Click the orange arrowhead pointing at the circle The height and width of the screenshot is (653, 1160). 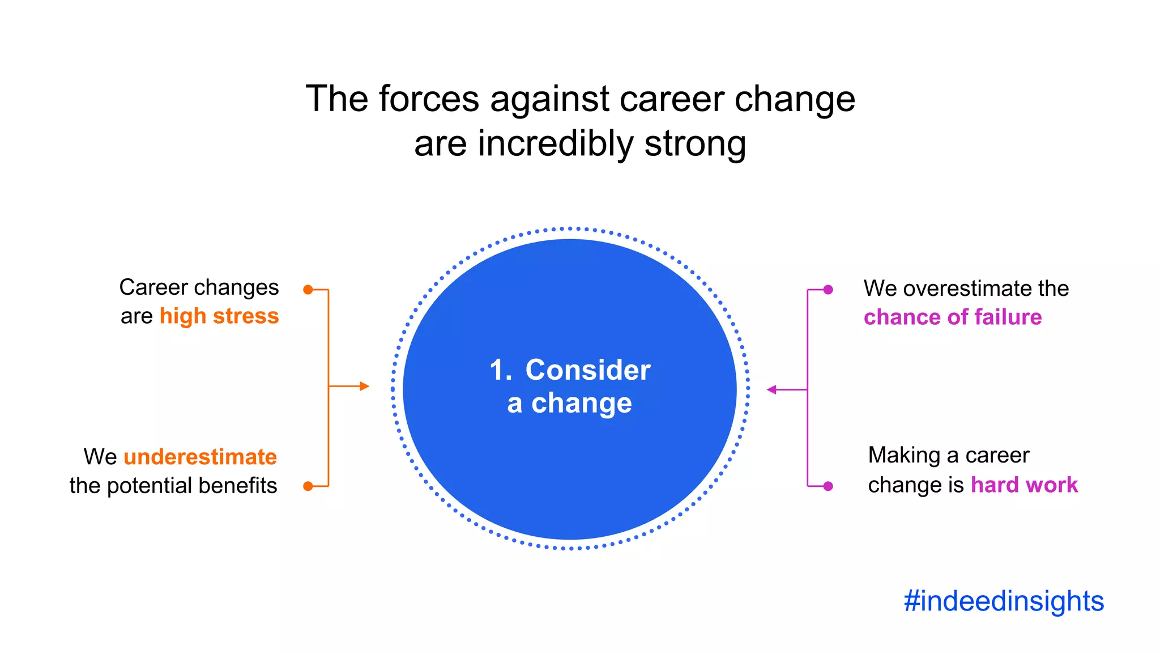pos(364,387)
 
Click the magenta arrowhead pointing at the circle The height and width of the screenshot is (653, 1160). pos(771,389)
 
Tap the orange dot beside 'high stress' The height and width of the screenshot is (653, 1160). pos(308,290)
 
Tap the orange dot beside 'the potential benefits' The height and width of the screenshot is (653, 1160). pos(308,486)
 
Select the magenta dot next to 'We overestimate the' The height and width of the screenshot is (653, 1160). pos(828,290)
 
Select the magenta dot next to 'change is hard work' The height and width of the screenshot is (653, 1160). pos(828,486)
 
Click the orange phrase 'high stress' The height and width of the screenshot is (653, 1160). pos(219,316)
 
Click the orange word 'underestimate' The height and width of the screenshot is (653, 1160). pos(200,457)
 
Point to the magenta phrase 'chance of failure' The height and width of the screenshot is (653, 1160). pos(952,317)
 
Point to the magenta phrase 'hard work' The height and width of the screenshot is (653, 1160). pos(1024,485)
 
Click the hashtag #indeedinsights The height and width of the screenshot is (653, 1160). pos(1004,601)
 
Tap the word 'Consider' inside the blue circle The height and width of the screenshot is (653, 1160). pos(587,370)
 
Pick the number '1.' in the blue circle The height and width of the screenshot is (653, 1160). pos(501,370)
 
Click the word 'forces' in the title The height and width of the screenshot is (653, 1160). pos(429,99)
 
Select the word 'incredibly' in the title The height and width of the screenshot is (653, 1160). pos(555,144)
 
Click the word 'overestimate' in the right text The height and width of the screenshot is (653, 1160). pos(967,289)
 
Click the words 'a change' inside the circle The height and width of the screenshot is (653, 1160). pos(569,404)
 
